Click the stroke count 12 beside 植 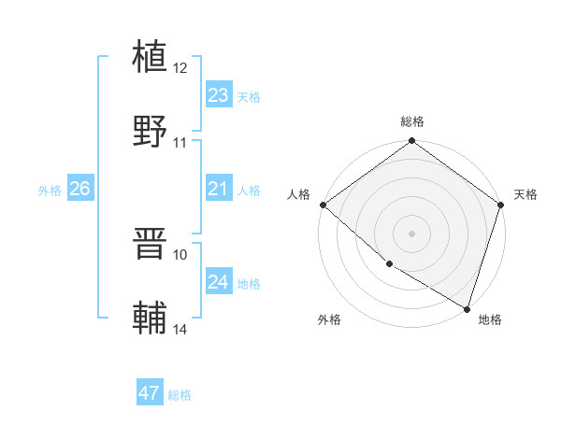click(180, 68)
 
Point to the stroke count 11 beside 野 click(180, 143)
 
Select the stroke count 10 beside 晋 click(180, 254)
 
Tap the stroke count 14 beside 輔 click(180, 330)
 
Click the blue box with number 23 click(219, 95)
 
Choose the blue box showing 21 click(219, 189)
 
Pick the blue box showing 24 click(219, 282)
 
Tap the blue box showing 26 click(79, 189)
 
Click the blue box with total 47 click(150, 393)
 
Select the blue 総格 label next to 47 click(180, 395)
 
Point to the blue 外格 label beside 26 click(50, 190)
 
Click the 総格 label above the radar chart click(412, 121)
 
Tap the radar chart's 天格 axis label click(525, 194)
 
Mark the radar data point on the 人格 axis click(323, 205)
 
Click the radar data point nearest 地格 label click(467, 308)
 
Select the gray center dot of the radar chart click(412, 233)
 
